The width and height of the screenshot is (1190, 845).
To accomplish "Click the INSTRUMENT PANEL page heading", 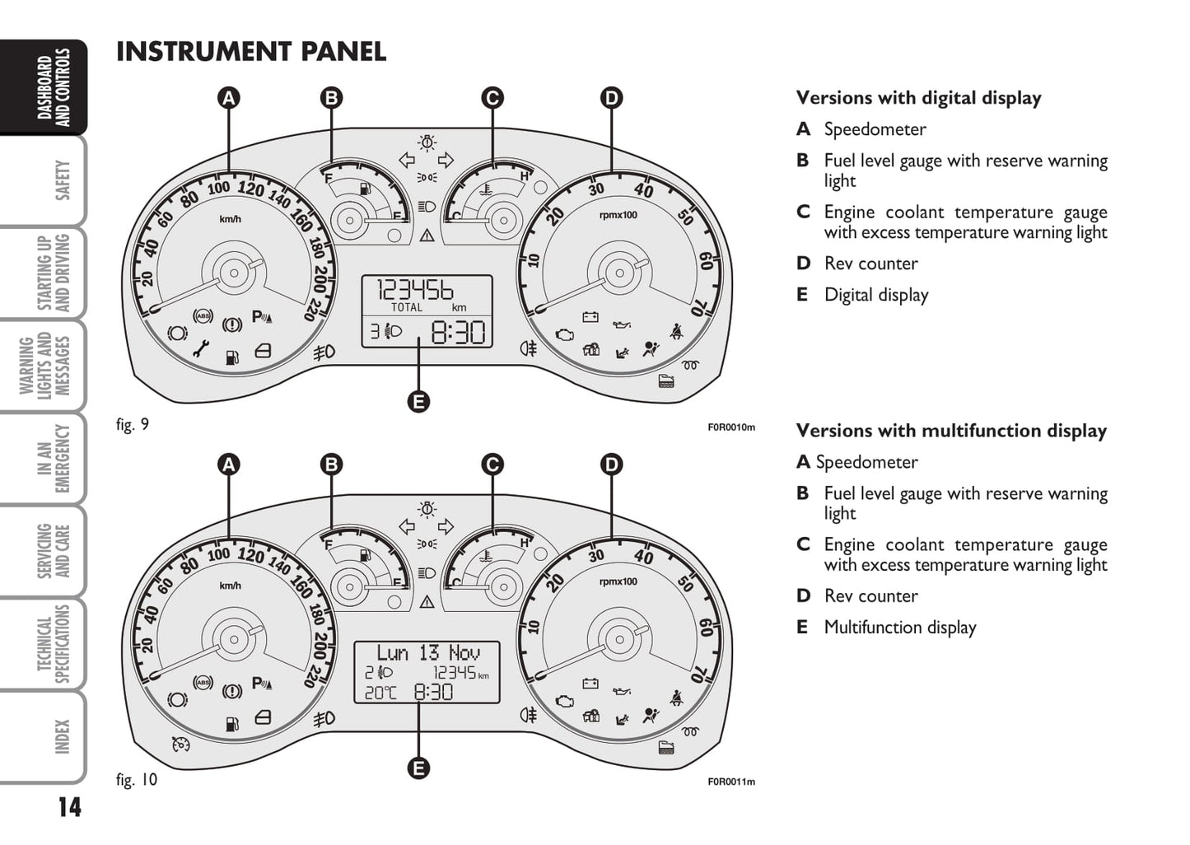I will pos(251,52).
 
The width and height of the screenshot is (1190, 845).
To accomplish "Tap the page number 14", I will pos(69,807).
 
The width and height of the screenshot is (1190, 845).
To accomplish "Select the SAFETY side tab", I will pos(62,180).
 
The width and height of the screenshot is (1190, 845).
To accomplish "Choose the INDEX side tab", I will pos(62,736).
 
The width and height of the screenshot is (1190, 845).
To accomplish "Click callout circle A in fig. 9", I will pos(228,98).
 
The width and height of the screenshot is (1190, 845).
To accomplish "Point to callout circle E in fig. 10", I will pos(418,768).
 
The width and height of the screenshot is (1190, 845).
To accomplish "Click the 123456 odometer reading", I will pos(415,290).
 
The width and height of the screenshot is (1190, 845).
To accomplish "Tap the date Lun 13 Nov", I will pos(427,653).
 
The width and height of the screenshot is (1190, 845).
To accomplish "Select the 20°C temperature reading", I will pos(380,693).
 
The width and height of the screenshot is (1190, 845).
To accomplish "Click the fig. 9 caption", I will pos(133,425).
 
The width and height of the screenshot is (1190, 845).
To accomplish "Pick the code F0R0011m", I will pos(730,782).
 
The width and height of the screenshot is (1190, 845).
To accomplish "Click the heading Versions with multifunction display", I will pos(951,431).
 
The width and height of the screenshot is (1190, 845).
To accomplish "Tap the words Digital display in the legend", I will pos(876,295).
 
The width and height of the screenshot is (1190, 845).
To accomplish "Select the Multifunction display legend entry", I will pos(899,628).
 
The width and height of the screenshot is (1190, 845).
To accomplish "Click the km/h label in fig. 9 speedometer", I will pos(230,219).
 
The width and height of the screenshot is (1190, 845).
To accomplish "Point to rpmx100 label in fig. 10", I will pos(618,581).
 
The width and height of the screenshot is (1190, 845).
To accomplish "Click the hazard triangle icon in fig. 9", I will pos(427,236).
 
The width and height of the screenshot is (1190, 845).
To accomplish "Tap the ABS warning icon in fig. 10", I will pos(202,682).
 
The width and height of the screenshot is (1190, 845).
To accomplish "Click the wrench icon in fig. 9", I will pos(201,349).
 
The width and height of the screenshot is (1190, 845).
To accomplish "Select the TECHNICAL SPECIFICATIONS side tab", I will pos(62,644).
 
